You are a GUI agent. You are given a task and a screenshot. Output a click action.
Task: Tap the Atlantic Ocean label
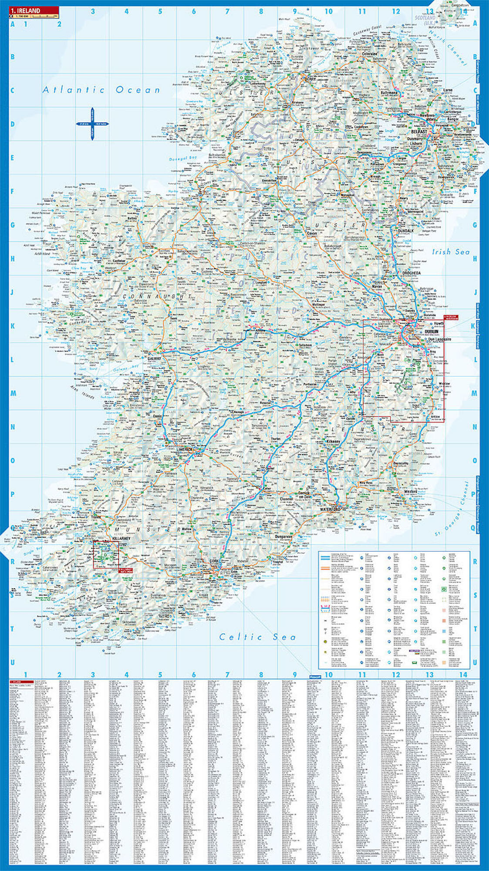(101, 90)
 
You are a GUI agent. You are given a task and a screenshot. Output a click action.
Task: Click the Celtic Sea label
(257, 637)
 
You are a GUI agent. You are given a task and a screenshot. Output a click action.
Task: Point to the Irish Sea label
(451, 252)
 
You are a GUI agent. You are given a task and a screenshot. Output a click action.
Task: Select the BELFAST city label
(419, 131)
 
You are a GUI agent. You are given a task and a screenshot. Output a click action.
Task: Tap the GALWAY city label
(155, 358)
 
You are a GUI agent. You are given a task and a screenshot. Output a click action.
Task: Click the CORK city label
(213, 561)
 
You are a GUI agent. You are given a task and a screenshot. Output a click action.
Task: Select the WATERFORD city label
(330, 509)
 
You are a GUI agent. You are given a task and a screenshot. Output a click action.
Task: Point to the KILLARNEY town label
(121, 539)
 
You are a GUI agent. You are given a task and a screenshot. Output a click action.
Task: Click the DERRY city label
(310, 79)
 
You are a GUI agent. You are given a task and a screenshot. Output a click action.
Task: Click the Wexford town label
(411, 491)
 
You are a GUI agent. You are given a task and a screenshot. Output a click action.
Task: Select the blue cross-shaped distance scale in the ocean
(92, 124)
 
